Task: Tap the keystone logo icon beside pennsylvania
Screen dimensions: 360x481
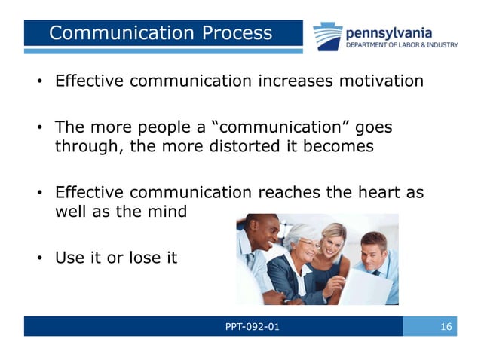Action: click(328, 36)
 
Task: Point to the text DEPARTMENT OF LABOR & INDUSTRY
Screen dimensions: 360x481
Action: click(401, 45)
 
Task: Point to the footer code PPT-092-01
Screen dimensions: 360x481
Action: click(251, 326)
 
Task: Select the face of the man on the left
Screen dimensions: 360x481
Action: click(265, 231)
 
